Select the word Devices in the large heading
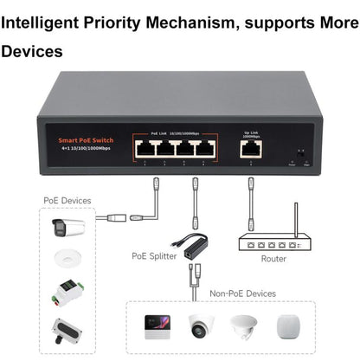tap(32, 51)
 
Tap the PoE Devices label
tap(66, 200)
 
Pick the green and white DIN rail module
tap(68, 291)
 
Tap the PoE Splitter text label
tap(153, 255)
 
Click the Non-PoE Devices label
tap(242, 293)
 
